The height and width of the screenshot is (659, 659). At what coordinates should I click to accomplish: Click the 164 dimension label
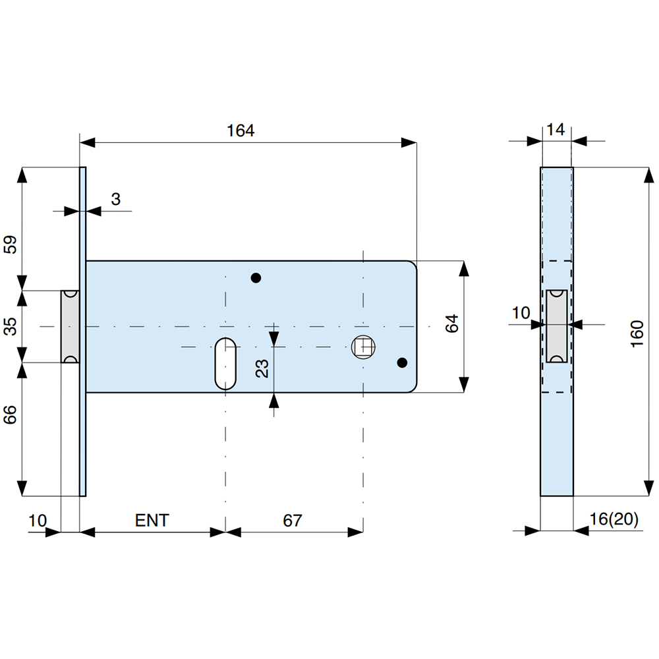click(x=241, y=130)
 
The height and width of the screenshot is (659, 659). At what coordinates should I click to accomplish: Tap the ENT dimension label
click(x=152, y=521)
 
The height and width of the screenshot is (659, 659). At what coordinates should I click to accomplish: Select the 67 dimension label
click(x=292, y=521)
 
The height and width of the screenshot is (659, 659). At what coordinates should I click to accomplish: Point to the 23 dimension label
click(x=262, y=368)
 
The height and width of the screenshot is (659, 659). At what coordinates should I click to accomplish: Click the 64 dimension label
click(x=452, y=323)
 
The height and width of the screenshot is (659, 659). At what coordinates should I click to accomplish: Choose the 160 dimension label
click(x=637, y=333)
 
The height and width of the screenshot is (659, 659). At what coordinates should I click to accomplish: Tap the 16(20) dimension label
click(x=614, y=519)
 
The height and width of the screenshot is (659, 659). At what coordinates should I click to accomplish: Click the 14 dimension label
click(x=556, y=129)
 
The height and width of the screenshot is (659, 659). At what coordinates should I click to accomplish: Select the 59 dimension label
click(x=10, y=244)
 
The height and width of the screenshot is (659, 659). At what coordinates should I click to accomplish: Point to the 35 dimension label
click(x=10, y=326)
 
